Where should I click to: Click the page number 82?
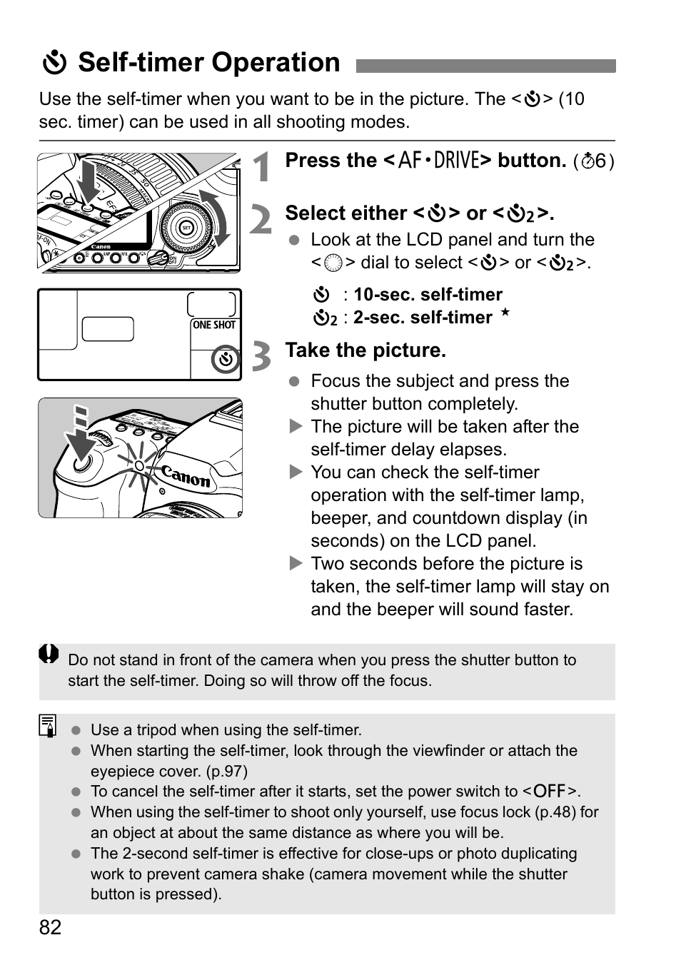pyautogui.click(x=50, y=928)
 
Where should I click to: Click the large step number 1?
pyautogui.click(x=263, y=168)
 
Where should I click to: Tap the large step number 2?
pyautogui.click(x=261, y=220)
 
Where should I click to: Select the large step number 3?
pyautogui.click(x=262, y=356)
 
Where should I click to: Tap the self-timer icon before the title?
pyautogui.click(x=54, y=64)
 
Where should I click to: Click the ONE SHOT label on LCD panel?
pyautogui.click(x=214, y=325)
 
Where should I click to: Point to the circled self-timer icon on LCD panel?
pyautogui.click(x=226, y=360)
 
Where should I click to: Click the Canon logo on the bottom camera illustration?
pyautogui.click(x=186, y=476)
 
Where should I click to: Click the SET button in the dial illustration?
pyautogui.click(x=186, y=228)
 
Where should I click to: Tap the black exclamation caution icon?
pyautogui.click(x=49, y=654)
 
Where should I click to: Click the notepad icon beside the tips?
pyautogui.click(x=49, y=725)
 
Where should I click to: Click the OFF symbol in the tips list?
pyautogui.click(x=550, y=791)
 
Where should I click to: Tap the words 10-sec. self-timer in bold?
pyautogui.click(x=428, y=295)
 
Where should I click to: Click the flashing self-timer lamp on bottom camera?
pyautogui.click(x=139, y=466)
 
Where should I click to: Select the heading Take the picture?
pyautogui.click(x=365, y=350)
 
